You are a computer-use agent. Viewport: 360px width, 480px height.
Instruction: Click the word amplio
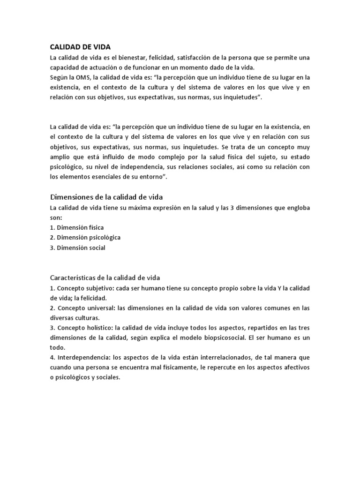[60, 157]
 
